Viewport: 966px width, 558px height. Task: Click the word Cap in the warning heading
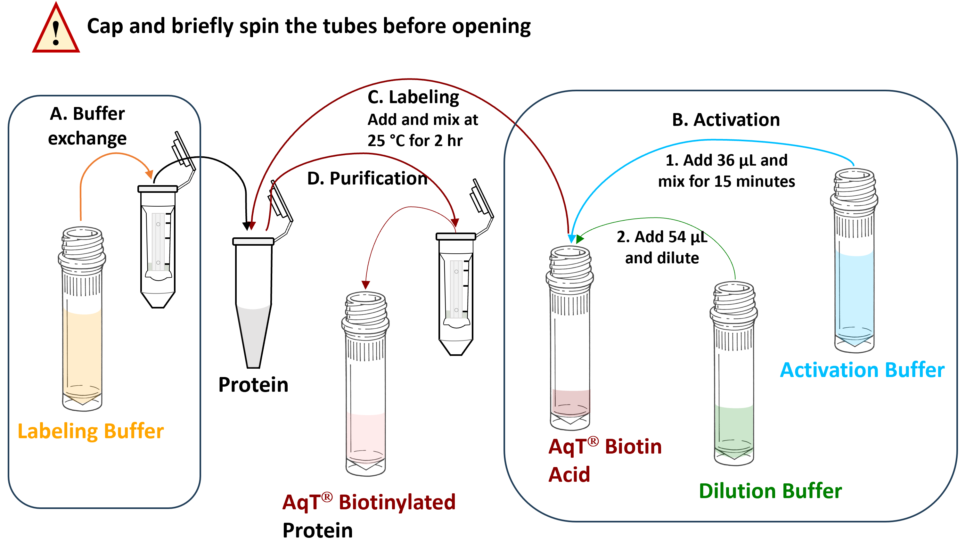(105, 26)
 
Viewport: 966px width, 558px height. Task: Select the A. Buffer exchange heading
(87, 126)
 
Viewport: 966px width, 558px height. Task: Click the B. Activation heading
(725, 119)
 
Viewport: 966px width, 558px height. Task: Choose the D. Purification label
(367, 178)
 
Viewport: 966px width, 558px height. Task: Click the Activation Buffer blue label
(862, 370)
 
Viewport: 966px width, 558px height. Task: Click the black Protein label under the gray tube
(253, 385)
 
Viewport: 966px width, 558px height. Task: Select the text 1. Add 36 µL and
(726, 160)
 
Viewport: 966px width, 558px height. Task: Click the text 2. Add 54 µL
(662, 237)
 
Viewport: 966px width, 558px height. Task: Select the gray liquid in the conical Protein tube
(253, 333)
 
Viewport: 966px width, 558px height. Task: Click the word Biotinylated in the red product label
(397, 502)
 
